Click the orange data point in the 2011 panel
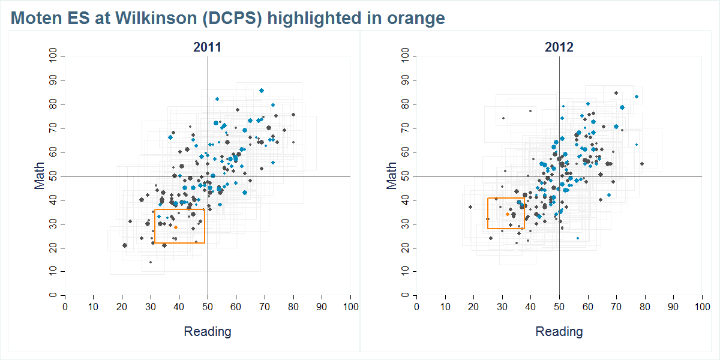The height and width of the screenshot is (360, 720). click(x=175, y=227)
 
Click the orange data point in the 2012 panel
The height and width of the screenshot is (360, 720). click(x=507, y=214)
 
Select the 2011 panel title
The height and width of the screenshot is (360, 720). click(x=207, y=47)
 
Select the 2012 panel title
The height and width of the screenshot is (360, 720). click(x=559, y=47)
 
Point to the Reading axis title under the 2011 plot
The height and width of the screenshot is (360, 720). click(x=207, y=331)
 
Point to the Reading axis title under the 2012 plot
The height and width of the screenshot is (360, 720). click(x=559, y=331)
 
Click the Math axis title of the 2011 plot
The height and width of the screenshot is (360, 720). click(x=40, y=175)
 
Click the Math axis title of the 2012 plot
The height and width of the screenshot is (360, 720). click(x=391, y=175)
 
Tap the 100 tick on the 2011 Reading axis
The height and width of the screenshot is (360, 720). click(x=350, y=307)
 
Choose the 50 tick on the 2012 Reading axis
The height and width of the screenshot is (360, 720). click(x=559, y=307)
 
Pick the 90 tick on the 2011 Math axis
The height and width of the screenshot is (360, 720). click(x=53, y=80)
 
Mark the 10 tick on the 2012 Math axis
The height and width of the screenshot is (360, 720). click(x=405, y=271)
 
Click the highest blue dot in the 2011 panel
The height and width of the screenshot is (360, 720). click(x=262, y=91)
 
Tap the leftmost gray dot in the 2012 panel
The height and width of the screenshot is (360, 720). click(x=470, y=207)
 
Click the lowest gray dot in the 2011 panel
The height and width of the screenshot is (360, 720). click(x=150, y=262)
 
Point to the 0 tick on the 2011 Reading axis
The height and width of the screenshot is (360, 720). click(x=65, y=307)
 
